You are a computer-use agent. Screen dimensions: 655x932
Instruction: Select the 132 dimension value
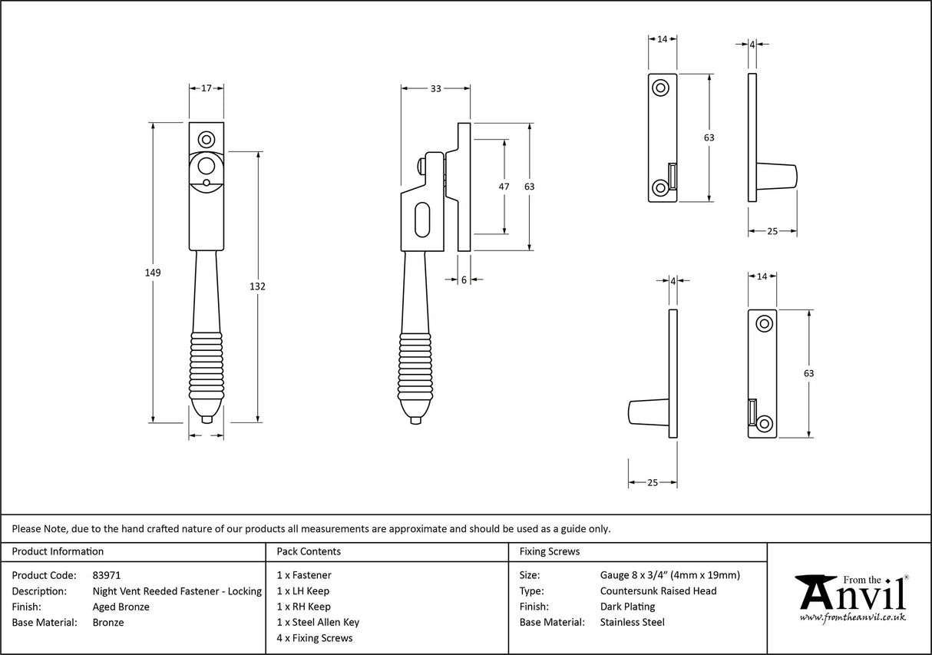(x=257, y=286)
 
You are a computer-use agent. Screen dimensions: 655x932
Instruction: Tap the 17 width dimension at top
(x=207, y=88)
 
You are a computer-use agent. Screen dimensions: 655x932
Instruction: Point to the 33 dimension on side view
(x=435, y=89)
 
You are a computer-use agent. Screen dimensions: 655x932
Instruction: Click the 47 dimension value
(x=504, y=187)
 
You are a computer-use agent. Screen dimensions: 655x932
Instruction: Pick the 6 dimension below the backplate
(x=464, y=280)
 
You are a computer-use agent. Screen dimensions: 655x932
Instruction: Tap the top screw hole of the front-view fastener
(x=206, y=139)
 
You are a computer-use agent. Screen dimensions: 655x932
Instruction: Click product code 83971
(x=106, y=574)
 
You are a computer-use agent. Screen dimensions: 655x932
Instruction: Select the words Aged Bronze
(x=121, y=607)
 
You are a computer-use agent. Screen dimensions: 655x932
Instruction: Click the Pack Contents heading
(x=309, y=551)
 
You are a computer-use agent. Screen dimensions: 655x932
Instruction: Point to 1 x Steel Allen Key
(x=318, y=622)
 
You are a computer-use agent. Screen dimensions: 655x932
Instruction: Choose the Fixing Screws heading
(x=550, y=551)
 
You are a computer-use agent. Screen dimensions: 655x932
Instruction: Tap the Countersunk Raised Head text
(x=658, y=590)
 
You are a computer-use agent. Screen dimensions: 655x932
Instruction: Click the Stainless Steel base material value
(x=632, y=622)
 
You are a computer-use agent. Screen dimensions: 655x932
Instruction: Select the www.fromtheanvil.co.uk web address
(x=852, y=617)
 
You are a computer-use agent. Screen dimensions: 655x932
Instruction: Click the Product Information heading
(x=58, y=551)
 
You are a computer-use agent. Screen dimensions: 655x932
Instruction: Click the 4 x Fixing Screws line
(x=315, y=638)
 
